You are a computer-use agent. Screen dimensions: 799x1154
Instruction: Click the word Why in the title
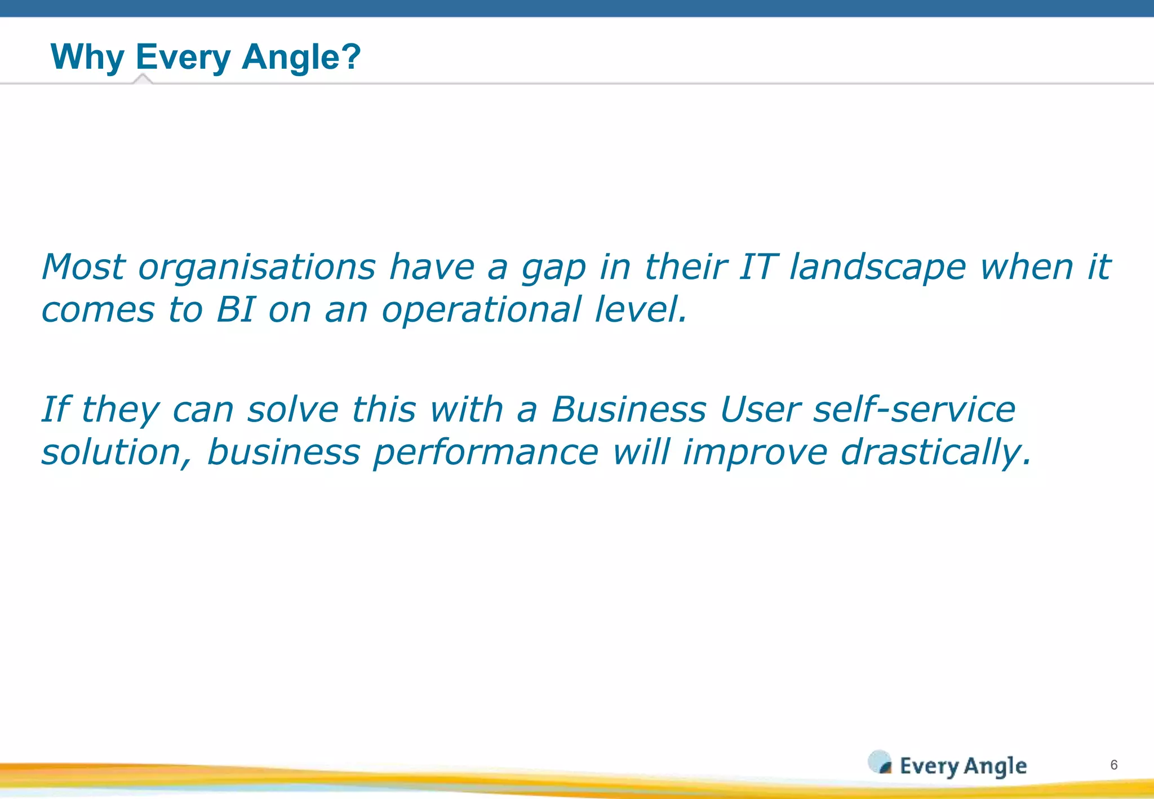pos(87,57)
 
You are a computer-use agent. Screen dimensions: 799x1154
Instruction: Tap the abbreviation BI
pos(235,310)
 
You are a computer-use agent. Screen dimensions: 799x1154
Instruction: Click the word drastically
pos(935,453)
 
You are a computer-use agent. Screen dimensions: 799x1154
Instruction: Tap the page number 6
pos(1113,765)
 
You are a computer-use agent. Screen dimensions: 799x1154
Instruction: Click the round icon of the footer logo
pos(880,762)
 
